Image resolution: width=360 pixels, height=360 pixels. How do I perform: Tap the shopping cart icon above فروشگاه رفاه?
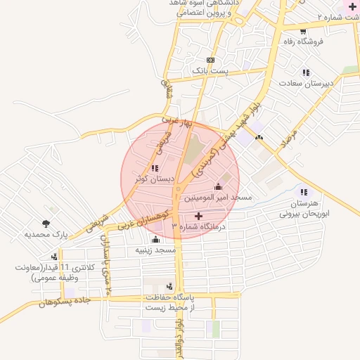coord(303,31)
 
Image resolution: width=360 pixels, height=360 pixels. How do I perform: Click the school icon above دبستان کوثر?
coord(155,168)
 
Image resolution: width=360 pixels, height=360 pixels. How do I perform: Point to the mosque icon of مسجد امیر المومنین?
coord(217,187)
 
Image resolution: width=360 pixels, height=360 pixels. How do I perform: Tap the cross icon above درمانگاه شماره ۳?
coord(198,216)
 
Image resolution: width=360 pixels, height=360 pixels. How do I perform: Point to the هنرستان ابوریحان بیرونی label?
coord(309,207)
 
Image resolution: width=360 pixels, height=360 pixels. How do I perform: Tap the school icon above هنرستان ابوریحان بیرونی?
coord(303,192)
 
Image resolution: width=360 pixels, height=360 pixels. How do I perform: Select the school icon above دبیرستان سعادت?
coord(305,72)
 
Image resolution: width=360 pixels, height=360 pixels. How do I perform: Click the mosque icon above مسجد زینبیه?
coord(155,240)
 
